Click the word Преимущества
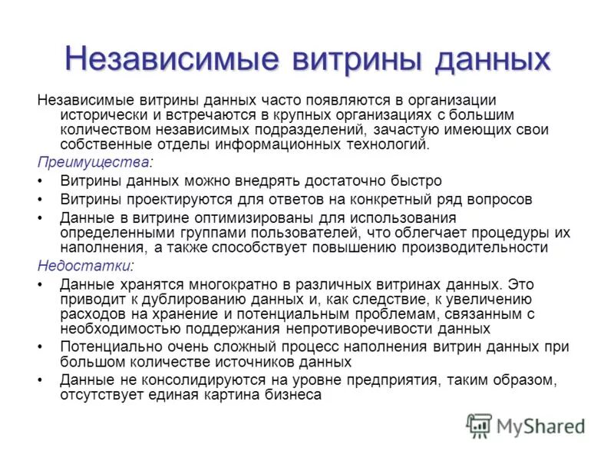pyautogui.click(x=93, y=163)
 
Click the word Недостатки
pyautogui.click(x=84, y=265)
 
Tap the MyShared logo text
pyautogui.click(x=540, y=426)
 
